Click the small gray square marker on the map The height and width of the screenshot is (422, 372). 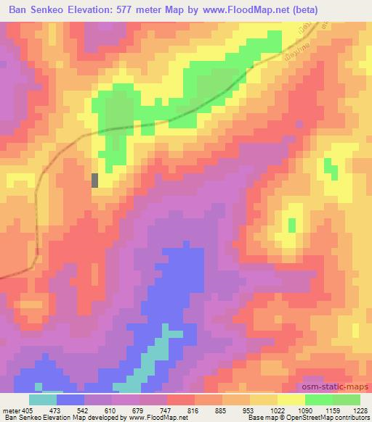coord(94,181)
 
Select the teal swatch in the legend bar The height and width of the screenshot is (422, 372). coord(43,400)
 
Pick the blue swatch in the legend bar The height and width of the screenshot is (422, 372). coord(70,400)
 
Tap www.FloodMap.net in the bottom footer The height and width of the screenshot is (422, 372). coord(153,418)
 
